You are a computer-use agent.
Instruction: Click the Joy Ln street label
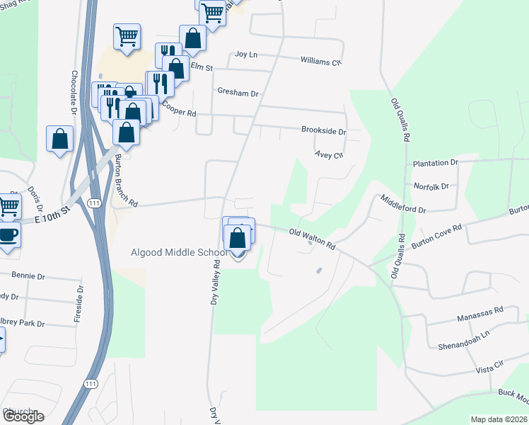pos(245,55)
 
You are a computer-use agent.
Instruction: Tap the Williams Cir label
pos(321,62)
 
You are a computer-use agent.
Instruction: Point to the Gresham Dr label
pos(238,93)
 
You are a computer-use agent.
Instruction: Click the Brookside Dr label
pos(323,131)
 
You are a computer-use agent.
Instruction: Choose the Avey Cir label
pos(329,154)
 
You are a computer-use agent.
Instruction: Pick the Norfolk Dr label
pos(432,187)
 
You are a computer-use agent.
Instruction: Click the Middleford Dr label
pos(402,205)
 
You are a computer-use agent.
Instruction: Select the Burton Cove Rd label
pos(436,236)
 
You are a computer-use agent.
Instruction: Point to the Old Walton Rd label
pos(312,238)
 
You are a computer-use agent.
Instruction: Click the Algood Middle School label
pos(180,252)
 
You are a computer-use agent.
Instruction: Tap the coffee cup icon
pos(7,235)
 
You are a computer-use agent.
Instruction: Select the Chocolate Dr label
pos(74,92)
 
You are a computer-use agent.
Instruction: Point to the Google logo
pos(23,416)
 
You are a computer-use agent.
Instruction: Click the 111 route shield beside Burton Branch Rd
pos(93,203)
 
